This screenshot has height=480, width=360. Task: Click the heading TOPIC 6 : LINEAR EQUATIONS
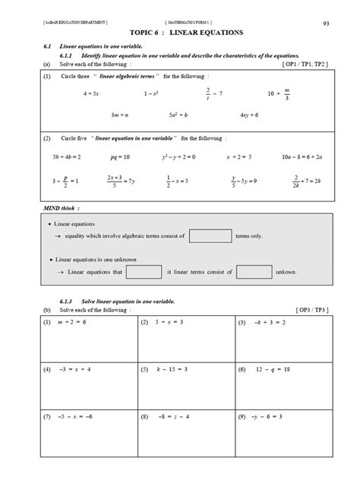(x=179, y=34)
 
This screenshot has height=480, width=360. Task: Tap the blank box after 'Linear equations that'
(x=144, y=271)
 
